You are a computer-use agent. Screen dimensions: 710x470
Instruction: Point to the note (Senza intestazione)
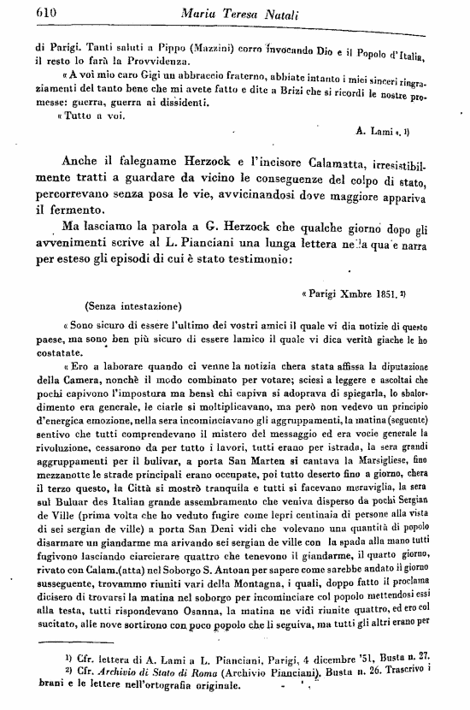tap(132, 305)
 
